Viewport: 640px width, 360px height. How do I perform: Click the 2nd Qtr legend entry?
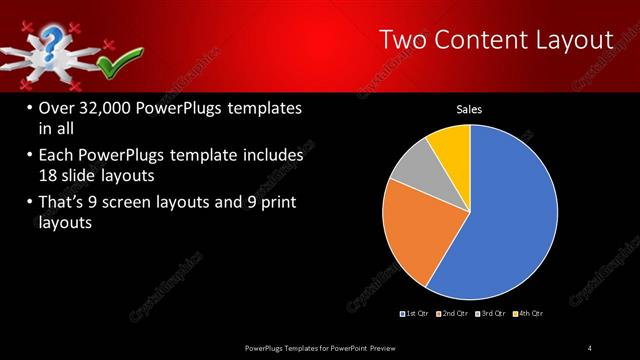456,314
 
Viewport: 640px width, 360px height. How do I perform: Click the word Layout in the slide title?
569,40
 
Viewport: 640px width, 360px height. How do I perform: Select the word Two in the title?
404,40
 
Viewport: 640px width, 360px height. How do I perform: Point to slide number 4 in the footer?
590,347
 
